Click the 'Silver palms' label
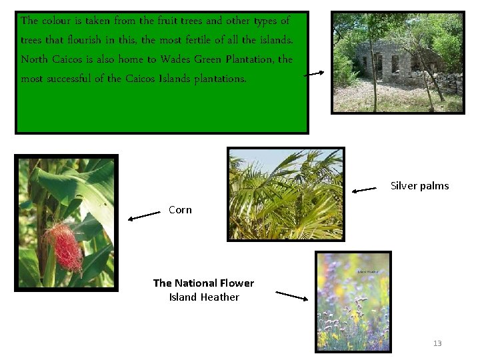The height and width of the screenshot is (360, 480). tap(419, 186)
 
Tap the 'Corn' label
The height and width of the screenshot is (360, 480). tap(180, 210)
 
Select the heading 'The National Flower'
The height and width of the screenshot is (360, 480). tap(203, 283)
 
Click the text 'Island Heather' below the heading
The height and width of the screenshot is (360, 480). tap(204, 297)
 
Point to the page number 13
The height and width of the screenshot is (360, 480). tap(437, 343)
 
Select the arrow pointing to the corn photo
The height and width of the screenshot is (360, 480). tap(144, 215)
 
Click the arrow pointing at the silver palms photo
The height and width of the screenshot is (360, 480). tap(364, 190)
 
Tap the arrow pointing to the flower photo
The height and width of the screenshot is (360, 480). tap(291, 295)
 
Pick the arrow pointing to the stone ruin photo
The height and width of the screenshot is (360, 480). tap(314, 74)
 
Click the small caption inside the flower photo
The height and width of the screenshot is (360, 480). tap(367, 272)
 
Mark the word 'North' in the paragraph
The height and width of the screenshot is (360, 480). tap(35, 59)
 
